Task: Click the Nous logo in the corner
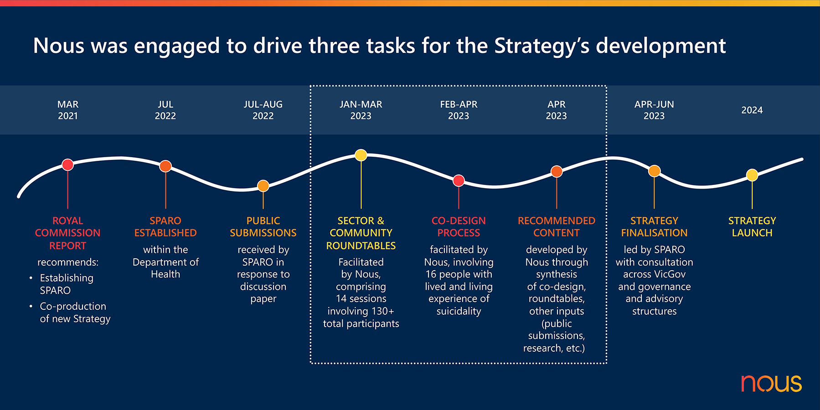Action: tap(771, 384)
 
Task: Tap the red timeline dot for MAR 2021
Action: tap(67, 164)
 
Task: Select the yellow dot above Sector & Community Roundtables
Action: tap(361, 155)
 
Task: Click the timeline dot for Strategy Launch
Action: tap(752, 175)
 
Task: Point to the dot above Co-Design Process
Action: tap(459, 181)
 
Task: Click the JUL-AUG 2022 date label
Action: tap(263, 110)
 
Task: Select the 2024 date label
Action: tap(752, 110)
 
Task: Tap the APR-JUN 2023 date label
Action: tap(654, 110)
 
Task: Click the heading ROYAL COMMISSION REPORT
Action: tap(67, 233)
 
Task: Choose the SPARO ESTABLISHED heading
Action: tap(165, 227)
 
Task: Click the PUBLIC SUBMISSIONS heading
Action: tap(263, 227)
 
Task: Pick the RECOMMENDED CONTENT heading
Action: tap(557, 227)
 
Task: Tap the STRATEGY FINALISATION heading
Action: tap(654, 227)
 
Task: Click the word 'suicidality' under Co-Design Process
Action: tap(459, 311)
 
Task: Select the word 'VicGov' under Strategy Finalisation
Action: tap(670, 274)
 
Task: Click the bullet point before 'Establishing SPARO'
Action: tap(31, 278)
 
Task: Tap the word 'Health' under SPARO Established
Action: tap(165, 274)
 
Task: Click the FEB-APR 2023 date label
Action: tap(459, 110)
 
